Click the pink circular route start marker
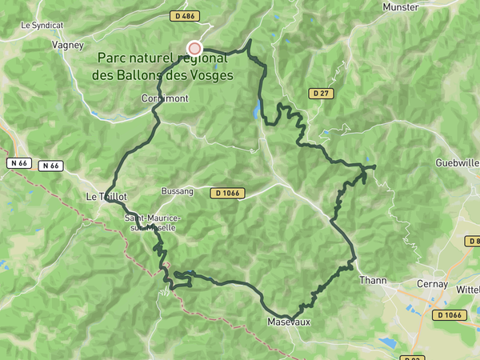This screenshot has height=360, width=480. (x=194, y=48)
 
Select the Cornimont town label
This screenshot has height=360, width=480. (x=163, y=98)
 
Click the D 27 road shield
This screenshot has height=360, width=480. (x=321, y=94)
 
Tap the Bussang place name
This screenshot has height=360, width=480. (x=177, y=193)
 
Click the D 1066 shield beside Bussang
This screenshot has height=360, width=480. (x=227, y=193)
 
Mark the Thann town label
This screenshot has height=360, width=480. (x=373, y=280)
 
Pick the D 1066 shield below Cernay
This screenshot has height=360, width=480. (x=450, y=315)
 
